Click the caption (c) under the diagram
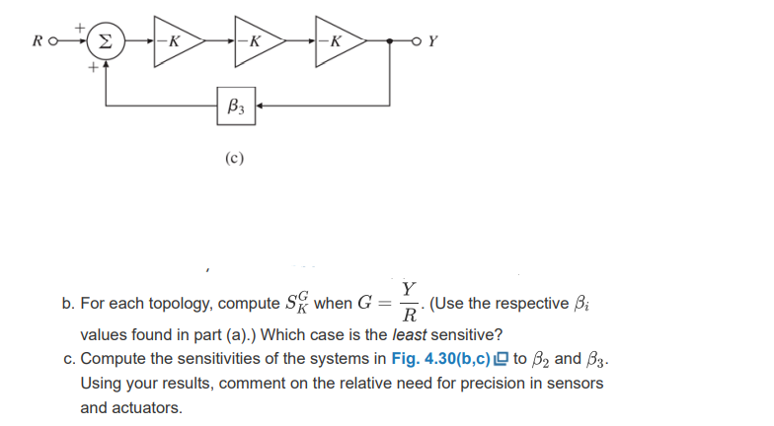[x=235, y=156]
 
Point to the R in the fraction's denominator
[x=407, y=316]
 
